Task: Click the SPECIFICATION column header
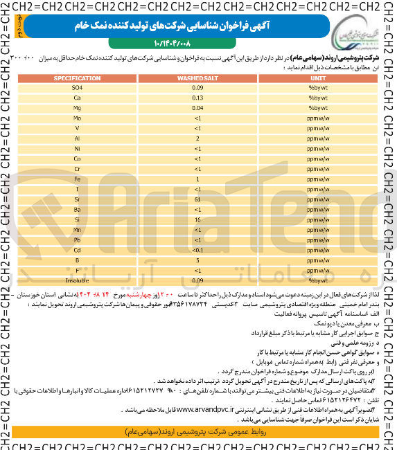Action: tap(77, 79)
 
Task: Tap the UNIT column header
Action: tap(318, 79)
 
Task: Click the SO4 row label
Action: tap(77, 89)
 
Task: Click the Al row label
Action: tap(77, 138)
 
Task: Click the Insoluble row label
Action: tap(77, 280)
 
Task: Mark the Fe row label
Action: tap(77, 179)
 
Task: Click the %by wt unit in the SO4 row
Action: tap(318, 89)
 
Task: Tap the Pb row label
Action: tap(77, 239)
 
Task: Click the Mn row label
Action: tap(77, 229)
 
